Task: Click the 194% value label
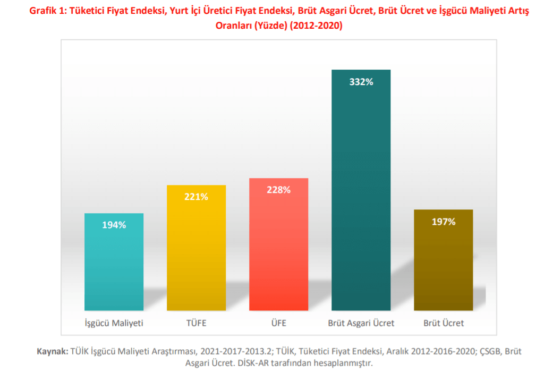point(114,225)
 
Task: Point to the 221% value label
point(196,197)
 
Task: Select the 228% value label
point(278,190)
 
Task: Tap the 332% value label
point(361,82)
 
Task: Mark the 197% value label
point(444,222)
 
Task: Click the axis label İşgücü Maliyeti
point(114,323)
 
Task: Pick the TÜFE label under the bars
point(196,323)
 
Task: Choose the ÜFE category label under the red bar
point(278,323)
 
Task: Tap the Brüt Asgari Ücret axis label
point(361,323)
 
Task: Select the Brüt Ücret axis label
point(444,323)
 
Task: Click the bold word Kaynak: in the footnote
point(52,351)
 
